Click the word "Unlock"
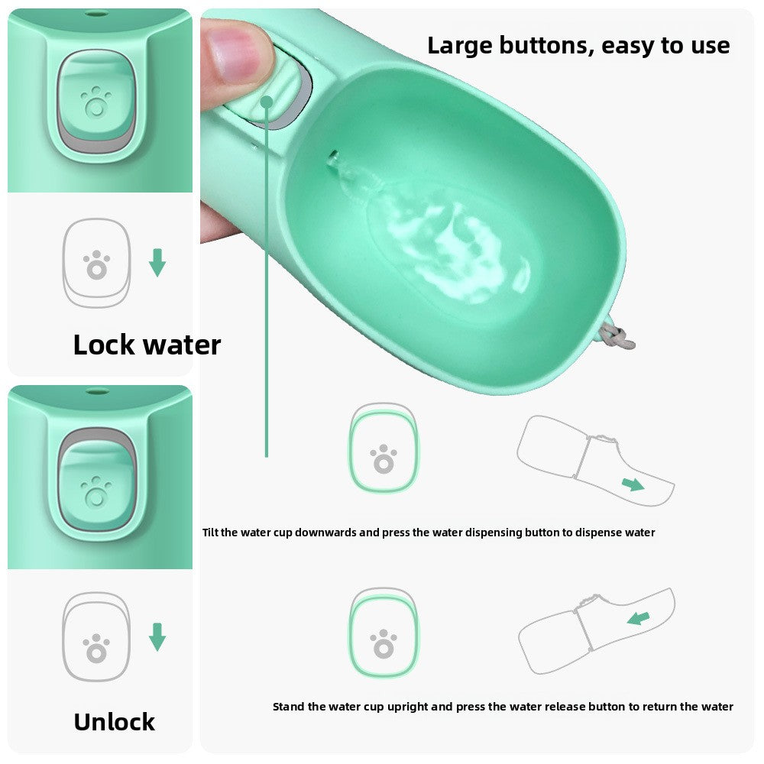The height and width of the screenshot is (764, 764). coord(114,721)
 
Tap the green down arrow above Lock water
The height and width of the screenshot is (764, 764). coord(157,262)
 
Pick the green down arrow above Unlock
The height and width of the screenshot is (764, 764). coord(157,636)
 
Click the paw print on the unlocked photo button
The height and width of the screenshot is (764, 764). coord(95,491)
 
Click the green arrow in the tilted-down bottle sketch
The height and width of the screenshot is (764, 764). coord(632,484)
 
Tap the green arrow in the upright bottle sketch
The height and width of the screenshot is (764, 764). coord(638,617)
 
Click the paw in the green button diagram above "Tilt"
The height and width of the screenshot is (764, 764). coord(384,458)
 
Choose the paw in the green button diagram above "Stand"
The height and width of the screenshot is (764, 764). coord(384,643)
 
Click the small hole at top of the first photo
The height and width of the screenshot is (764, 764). coord(95,14)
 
